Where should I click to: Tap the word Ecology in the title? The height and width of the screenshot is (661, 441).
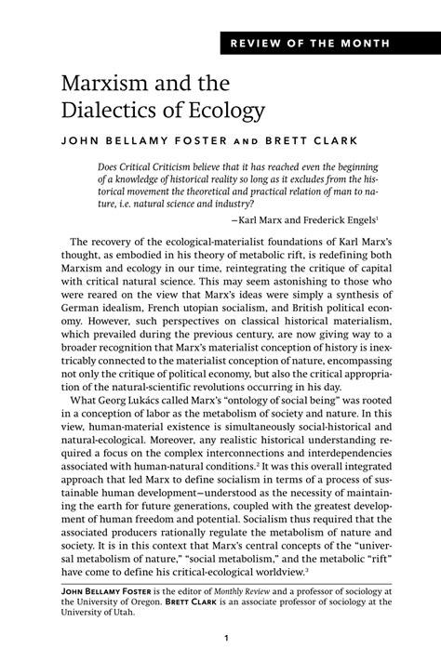(227, 112)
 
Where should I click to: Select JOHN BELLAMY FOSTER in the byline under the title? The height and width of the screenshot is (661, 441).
(134, 144)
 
